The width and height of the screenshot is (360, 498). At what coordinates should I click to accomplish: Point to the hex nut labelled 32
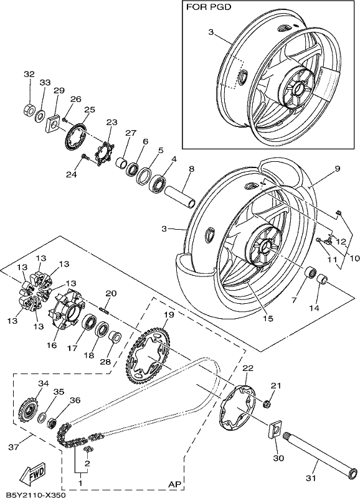point(29,110)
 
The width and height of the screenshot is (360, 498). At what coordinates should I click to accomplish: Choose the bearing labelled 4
point(158,182)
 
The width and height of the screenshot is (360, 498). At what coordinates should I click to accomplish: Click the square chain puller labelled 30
point(274,430)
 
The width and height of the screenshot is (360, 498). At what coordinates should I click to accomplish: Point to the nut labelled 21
point(267,404)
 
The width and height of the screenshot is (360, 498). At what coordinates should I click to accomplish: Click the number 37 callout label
point(13,447)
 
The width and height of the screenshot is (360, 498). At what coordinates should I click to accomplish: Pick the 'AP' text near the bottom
point(174,484)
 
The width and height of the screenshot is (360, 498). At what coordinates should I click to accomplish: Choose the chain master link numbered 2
point(88,449)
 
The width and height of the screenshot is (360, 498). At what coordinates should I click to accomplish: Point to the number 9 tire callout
point(337,169)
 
